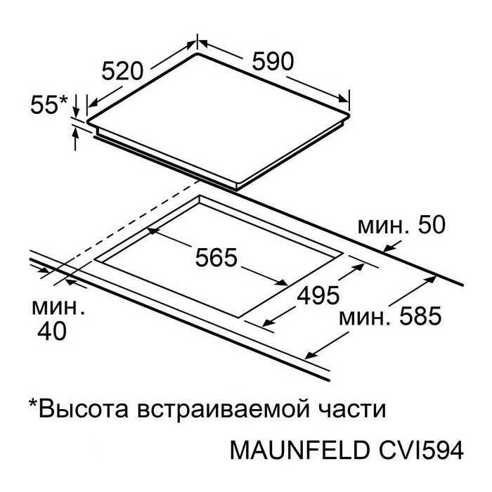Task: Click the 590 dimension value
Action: click(x=269, y=62)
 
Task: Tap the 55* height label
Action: click(x=49, y=105)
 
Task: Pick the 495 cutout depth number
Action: click(x=316, y=296)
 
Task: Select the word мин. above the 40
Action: click(x=59, y=307)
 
